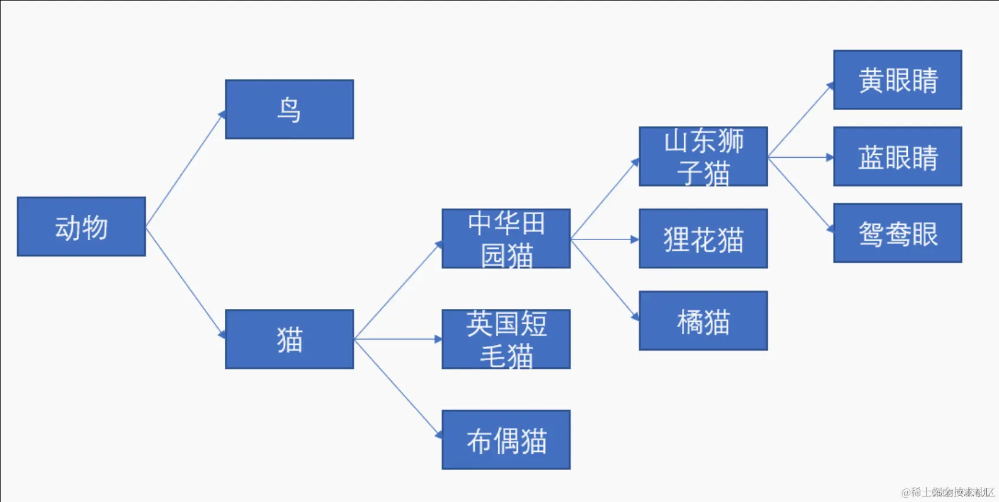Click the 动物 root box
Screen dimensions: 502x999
pos(81,227)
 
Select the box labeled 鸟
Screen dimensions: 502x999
pos(289,109)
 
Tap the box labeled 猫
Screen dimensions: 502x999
pos(289,339)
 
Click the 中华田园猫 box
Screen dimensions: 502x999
pos(506,238)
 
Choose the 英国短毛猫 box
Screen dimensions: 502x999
pos(506,339)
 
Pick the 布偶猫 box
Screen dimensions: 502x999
pos(506,440)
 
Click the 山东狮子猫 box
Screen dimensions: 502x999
pos(703,157)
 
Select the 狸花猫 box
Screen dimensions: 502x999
pos(703,238)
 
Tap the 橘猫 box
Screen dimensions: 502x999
pos(703,321)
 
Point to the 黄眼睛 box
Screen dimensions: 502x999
pos(897,80)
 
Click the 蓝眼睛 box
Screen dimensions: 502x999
pos(897,157)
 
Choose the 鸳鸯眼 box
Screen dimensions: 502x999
pos(897,233)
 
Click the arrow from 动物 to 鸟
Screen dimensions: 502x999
pos(185,169)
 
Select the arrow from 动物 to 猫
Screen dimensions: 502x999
pos(185,282)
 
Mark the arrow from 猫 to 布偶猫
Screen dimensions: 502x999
pos(398,388)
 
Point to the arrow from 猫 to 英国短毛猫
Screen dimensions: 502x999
pos(398,339)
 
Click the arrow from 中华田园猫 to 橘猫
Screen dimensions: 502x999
pos(605,280)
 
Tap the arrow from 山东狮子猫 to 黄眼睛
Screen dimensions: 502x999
pos(800,120)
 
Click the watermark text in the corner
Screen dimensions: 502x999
pos(947,492)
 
